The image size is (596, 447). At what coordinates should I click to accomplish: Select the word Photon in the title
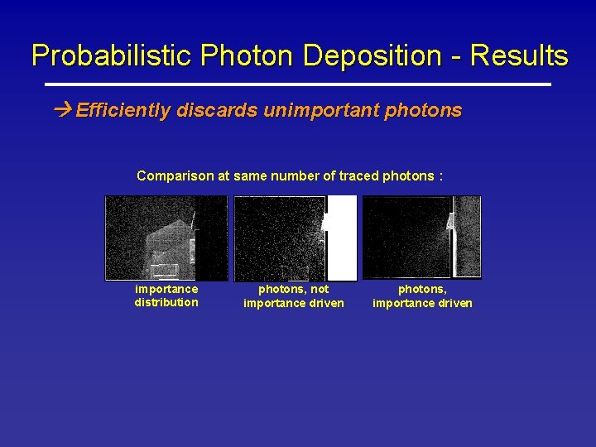click(248, 56)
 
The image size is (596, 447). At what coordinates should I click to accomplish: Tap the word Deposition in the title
click(372, 56)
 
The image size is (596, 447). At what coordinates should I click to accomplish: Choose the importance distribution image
click(166, 238)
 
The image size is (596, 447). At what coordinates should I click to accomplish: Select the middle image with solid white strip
click(295, 238)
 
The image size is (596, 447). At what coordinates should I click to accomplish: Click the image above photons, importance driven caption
click(422, 238)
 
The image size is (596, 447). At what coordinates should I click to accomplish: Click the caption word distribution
click(166, 302)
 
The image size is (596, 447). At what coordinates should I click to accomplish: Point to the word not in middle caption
click(320, 289)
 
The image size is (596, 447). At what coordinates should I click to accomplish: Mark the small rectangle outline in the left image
click(164, 270)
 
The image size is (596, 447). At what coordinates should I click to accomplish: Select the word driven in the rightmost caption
click(454, 303)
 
